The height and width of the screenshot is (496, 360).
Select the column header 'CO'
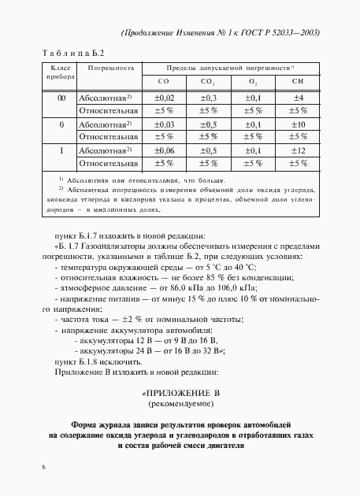(164, 81)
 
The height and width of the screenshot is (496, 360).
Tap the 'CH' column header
(298, 81)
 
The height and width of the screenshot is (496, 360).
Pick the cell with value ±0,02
(164, 98)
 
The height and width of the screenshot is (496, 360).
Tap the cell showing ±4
(298, 98)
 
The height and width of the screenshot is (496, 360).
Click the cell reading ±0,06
(164, 150)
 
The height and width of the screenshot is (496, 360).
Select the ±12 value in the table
(298, 150)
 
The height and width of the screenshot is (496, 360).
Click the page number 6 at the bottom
(46, 467)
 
